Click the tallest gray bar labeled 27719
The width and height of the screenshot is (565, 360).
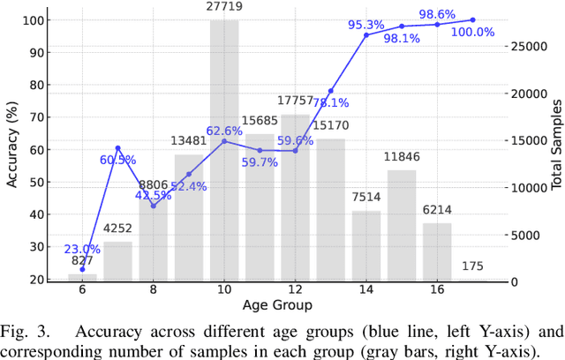pos(224,150)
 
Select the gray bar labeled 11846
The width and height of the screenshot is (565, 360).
pos(402,226)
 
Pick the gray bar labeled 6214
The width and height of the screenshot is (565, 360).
pos(437,252)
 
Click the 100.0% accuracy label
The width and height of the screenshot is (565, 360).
pos(473,32)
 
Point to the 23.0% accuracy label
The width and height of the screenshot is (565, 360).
pos(82,249)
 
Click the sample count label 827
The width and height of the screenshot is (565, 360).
pos(82,263)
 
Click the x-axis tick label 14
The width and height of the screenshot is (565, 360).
pos(366,289)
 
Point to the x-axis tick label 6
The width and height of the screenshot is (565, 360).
pos(82,289)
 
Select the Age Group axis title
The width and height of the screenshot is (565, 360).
pos(277,305)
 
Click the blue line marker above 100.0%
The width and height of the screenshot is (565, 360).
pos(472,19)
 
